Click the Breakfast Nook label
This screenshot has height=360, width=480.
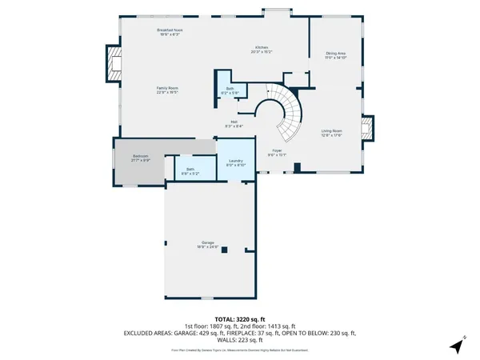coord(168,32)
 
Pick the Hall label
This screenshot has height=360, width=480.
coord(234,123)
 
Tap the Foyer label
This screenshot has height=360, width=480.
coord(277,152)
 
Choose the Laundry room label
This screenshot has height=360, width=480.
coord(235,163)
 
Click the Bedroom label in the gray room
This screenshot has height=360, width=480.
coord(141,159)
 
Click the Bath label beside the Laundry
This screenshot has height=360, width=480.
coord(190,171)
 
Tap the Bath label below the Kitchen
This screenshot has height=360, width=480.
coord(230,90)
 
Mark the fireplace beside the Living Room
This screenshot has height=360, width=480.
coord(368,130)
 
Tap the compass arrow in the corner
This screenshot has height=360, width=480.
coord(456,346)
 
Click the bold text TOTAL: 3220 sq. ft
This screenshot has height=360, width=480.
coord(240,319)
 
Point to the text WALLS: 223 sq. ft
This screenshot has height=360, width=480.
coord(240,338)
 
